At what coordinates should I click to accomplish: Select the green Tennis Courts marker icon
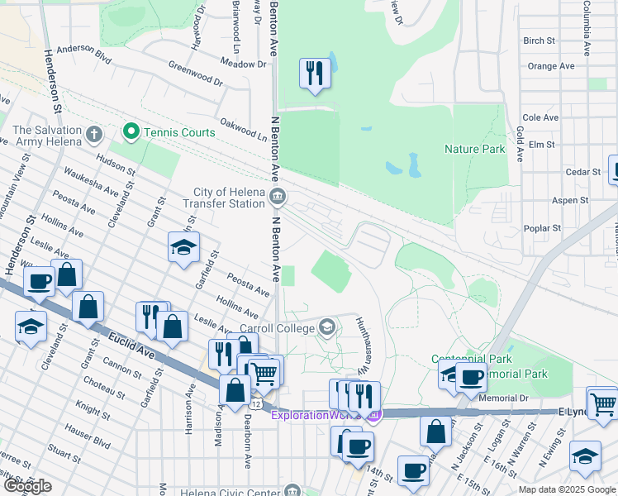[130, 131]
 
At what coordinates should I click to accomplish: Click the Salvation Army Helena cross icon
[94, 132]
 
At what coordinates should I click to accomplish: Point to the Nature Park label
[474, 149]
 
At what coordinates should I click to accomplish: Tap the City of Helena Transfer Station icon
[278, 198]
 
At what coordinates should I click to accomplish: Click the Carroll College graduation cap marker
[328, 328]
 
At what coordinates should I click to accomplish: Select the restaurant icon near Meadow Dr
[314, 74]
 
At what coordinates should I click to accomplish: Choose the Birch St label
[539, 41]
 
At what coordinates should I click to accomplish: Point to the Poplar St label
[543, 228]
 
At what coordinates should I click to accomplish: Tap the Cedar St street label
[583, 172]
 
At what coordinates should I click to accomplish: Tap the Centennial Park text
[471, 359]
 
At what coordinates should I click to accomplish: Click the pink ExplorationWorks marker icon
[374, 414]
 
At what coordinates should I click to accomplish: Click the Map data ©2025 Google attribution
[566, 489]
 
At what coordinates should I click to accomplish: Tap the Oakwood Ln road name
[240, 130]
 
